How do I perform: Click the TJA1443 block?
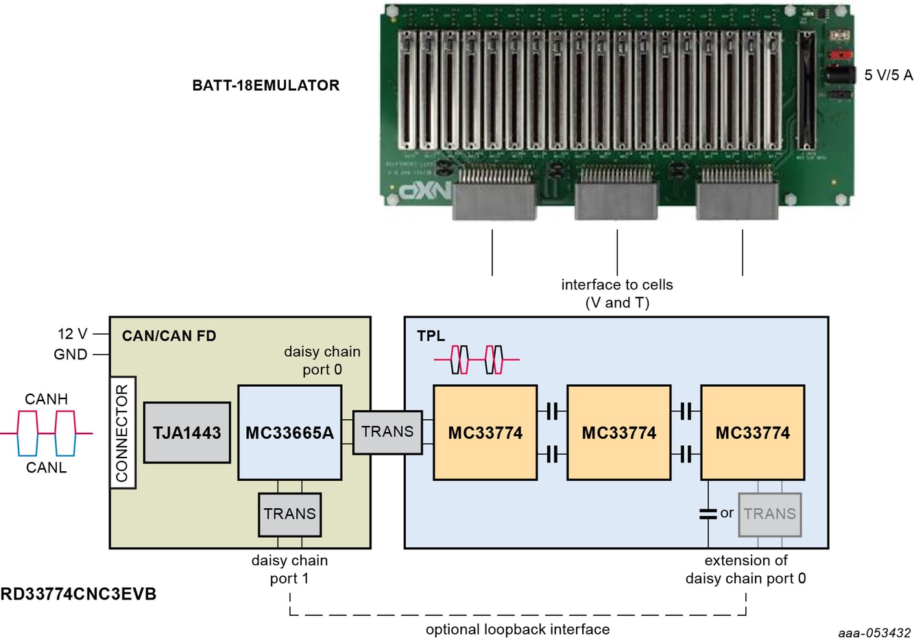tap(187, 433)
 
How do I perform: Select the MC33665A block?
tap(289, 433)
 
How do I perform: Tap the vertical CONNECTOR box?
tap(123, 433)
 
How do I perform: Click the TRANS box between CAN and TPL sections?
tap(387, 432)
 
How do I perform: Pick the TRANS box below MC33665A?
tap(289, 514)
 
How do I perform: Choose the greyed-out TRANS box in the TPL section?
tap(769, 514)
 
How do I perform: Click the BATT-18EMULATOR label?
tap(265, 86)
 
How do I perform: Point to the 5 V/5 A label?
tap(888, 75)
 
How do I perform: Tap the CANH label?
tap(46, 399)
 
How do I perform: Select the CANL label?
tap(46, 468)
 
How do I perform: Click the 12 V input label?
tap(72, 334)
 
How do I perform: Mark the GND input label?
tap(71, 355)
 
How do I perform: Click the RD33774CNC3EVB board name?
tap(78, 594)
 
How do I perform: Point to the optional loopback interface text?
tap(517, 630)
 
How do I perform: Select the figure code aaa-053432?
tap(874, 633)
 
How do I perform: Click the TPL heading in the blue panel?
tap(431, 336)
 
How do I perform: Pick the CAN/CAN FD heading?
tap(169, 336)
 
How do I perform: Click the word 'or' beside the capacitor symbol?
tap(727, 513)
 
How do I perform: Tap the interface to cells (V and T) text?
tap(617, 294)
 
